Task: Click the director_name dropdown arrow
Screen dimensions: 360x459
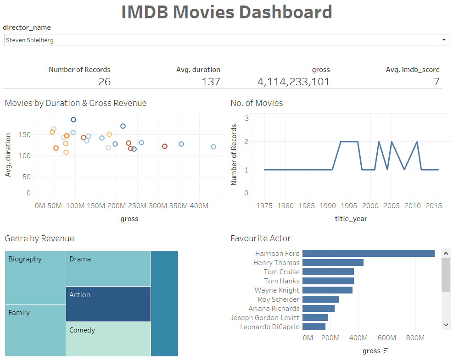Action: [x=444, y=40]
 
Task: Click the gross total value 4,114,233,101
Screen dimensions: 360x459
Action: [x=293, y=82]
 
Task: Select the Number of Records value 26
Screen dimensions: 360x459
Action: [x=104, y=82]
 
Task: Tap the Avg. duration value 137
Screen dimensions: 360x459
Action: [x=211, y=82]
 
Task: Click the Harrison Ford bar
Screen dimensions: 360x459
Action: [x=368, y=254]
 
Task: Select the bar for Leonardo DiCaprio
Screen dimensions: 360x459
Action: [x=314, y=327]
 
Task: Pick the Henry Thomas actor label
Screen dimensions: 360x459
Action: [x=276, y=263]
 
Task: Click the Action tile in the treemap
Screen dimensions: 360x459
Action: [x=108, y=304]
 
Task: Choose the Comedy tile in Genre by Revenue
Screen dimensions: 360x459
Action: [x=108, y=339]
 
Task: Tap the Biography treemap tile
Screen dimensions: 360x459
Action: [x=35, y=277]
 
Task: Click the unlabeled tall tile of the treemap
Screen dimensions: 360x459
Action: [x=164, y=303]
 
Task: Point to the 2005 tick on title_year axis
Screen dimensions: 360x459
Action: [x=392, y=206]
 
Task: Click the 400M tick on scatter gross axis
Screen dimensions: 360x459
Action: [x=199, y=206]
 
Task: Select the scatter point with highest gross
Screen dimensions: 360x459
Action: [x=213, y=147]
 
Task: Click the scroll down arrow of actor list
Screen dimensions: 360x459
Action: [x=446, y=324]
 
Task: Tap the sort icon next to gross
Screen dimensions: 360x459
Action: [x=386, y=351]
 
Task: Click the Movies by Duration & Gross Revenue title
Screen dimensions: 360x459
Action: [x=76, y=103]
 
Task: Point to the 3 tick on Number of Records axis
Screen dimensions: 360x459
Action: [x=246, y=118]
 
